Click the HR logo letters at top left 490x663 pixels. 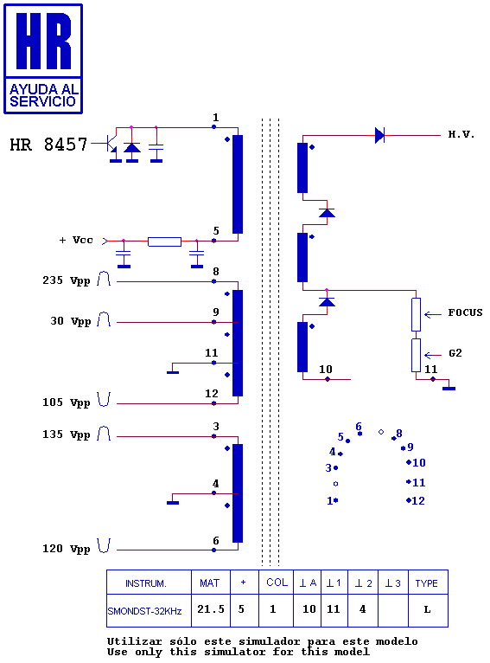43,41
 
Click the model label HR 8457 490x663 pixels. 48,145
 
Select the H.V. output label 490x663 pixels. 461,134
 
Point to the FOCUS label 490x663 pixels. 465,312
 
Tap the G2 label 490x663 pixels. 455,353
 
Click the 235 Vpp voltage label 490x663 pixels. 67,280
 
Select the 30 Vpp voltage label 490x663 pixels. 71,321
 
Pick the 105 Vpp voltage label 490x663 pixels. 67,402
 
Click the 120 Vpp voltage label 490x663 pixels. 67,549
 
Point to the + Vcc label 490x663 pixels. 76,240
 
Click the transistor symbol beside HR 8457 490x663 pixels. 111,144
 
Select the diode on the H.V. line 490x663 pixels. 380,135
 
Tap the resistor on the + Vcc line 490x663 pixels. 164,241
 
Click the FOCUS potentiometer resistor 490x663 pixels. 417,314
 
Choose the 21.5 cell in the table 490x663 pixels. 211,609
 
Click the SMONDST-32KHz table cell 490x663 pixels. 144,611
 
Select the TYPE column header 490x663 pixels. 426,583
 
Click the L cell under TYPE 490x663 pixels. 427,609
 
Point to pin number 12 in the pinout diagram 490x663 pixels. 418,500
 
